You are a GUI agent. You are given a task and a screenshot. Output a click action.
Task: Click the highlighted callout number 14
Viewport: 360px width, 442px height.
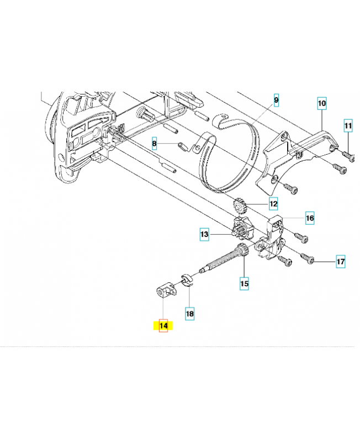coord(163,325)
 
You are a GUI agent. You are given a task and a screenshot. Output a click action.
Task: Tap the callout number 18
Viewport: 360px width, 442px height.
coord(189,313)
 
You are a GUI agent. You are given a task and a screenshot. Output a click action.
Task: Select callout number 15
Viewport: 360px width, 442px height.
coord(244,283)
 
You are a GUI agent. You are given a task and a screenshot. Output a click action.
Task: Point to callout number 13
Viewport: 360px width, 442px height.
coord(204,234)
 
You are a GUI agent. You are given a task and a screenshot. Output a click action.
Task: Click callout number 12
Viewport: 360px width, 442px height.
coord(273,203)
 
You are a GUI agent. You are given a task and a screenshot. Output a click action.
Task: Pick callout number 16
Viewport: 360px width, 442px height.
coord(310,218)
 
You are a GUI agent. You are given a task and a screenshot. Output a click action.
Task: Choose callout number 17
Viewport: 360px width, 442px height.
coord(341,261)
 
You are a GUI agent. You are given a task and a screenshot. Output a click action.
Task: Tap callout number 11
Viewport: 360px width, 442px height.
coord(348,125)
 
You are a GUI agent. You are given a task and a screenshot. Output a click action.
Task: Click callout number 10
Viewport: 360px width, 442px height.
coord(322,103)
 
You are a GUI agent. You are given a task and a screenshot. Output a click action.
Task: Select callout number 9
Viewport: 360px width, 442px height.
coord(276,100)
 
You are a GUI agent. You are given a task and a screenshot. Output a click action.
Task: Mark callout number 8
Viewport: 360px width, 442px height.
coord(154,144)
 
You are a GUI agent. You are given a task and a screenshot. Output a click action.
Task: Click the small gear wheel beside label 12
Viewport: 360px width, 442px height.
coord(239,206)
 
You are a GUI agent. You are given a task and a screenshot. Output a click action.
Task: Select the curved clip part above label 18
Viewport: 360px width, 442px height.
coord(187,281)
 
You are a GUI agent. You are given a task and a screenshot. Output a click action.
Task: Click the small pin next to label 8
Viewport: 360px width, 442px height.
coord(182,146)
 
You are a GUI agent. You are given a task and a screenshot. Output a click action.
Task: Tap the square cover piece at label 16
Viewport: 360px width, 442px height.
coord(274,225)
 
